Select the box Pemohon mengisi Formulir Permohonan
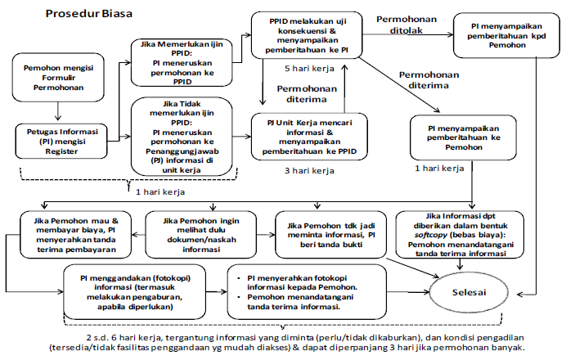[56, 75]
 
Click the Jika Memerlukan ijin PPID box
[182, 63]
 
